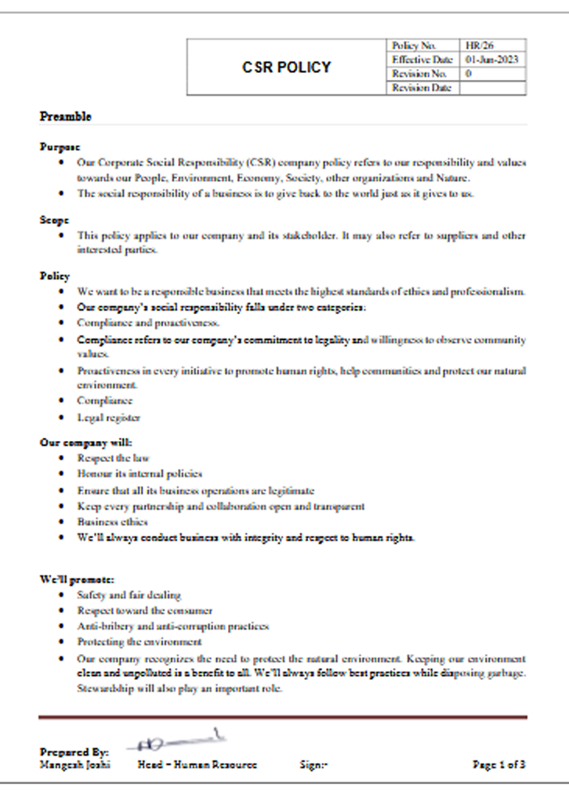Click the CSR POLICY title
click(x=286, y=67)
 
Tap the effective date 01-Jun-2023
click(x=491, y=60)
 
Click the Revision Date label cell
click(x=422, y=88)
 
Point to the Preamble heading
click(x=66, y=117)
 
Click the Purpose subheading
click(x=60, y=146)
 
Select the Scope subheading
click(x=55, y=220)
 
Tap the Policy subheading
click(x=55, y=276)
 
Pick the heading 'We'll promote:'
click(x=77, y=580)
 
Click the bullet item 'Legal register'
click(x=109, y=417)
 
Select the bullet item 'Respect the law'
click(x=113, y=457)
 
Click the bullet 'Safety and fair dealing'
click(x=129, y=595)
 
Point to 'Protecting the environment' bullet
click(x=139, y=641)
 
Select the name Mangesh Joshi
click(x=74, y=764)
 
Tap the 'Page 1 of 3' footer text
click(x=499, y=764)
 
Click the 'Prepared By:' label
click(x=74, y=752)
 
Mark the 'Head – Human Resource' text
click(x=197, y=764)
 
